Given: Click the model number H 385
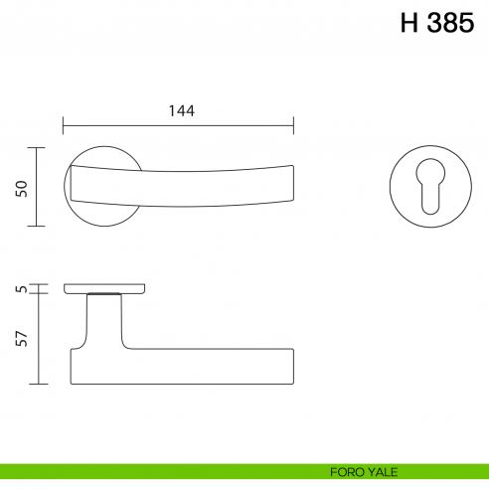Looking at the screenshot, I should coord(437,24).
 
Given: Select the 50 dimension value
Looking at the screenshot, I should coord(21,187).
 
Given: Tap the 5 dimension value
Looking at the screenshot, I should coord(21,289).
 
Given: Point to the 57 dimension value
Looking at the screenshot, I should coord(21,339).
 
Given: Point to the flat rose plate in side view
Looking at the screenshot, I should coord(105,288).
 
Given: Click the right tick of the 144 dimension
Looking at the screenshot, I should coord(294,126).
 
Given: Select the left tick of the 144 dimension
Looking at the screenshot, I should coord(64,126).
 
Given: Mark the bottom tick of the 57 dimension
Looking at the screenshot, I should coord(38,384).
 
